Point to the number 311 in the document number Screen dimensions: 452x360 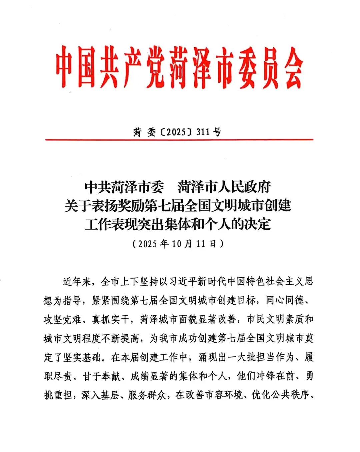tap(203, 132)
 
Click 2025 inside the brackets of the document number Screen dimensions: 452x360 tap(176, 132)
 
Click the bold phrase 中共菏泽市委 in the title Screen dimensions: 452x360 tap(124, 187)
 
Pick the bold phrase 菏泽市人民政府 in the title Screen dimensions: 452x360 tap(224, 187)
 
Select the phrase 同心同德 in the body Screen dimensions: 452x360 tap(285, 300)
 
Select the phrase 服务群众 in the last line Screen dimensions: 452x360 tap(148, 395)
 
